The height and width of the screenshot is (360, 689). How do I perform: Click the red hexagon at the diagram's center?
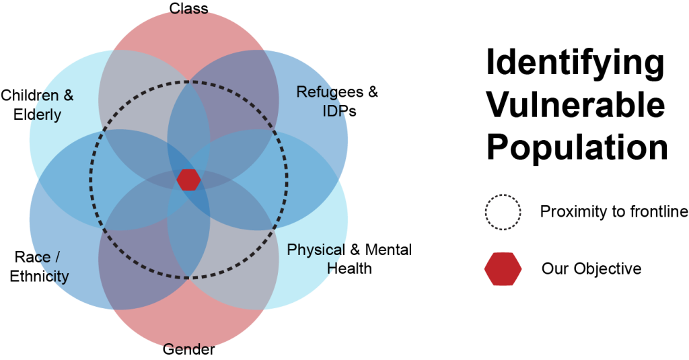188,180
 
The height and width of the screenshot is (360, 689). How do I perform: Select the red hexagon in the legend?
503,269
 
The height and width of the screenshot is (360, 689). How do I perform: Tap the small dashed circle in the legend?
503,213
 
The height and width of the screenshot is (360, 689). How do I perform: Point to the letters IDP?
334,111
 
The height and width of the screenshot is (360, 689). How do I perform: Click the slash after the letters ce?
57,258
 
